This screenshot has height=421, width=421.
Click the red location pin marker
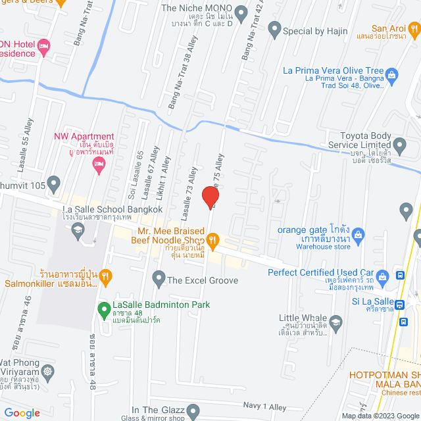(210, 197)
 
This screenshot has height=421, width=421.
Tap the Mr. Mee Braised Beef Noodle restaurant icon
(212, 240)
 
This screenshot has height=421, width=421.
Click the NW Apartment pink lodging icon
(99, 168)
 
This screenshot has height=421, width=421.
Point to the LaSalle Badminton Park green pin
(103, 308)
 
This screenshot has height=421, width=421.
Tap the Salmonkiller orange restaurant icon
(106, 276)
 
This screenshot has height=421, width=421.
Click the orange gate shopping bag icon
(359, 234)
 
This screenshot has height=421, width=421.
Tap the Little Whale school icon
(336, 322)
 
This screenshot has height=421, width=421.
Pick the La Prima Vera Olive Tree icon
(393, 74)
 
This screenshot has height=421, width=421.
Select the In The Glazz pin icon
(193, 412)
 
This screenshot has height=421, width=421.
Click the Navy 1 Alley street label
(265, 407)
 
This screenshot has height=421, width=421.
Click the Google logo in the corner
(23, 413)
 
